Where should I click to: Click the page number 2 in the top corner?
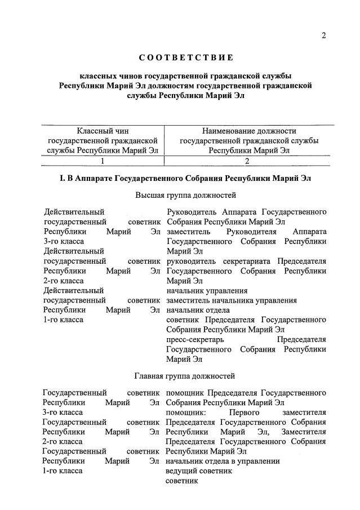[324, 36]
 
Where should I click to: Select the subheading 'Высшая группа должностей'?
[185, 195]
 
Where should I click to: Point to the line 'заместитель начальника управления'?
[232, 300]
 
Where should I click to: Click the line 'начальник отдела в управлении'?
[223, 461]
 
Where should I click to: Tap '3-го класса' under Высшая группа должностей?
[64, 241]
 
